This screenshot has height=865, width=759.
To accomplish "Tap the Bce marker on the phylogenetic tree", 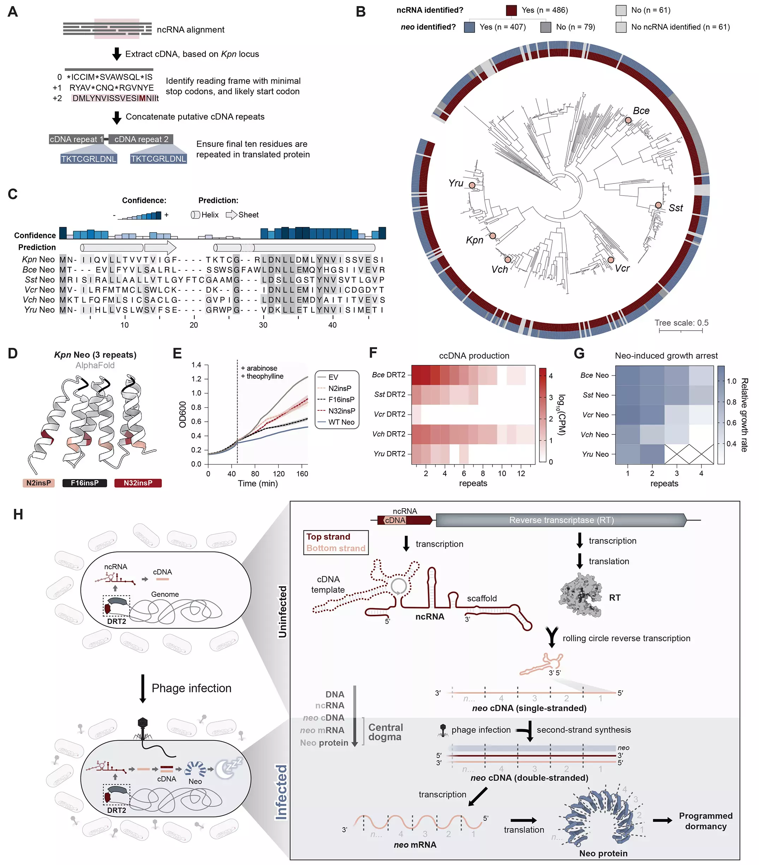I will (x=628, y=120).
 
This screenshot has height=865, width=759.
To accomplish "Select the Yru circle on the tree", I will (x=472, y=185).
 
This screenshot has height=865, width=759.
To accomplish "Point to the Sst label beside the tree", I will (x=676, y=208).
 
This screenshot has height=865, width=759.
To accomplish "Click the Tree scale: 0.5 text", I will (x=681, y=323).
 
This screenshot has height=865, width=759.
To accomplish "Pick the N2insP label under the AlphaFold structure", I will (x=38, y=483).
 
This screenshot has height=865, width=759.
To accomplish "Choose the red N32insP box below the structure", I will (x=138, y=483).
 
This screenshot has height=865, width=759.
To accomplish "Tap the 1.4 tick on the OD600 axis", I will (x=196, y=365).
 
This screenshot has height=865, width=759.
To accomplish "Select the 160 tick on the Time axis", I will (x=302, y=474).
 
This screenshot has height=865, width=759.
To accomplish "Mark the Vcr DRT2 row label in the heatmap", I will (x=389, y=414).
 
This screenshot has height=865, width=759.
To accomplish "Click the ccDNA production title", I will (x=474, y=355).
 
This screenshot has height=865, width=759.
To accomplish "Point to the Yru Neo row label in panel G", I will (x=595, y=454).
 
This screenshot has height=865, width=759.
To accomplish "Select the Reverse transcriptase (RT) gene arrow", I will (x=561, y=520).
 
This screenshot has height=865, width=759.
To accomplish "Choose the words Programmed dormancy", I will (x=705, y=821).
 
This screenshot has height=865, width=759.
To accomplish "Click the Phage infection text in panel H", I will (x=191, y=688).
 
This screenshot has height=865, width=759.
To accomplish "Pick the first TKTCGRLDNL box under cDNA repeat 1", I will (x=89, y=159).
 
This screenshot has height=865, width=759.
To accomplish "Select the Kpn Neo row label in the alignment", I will (x=38, y=259).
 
